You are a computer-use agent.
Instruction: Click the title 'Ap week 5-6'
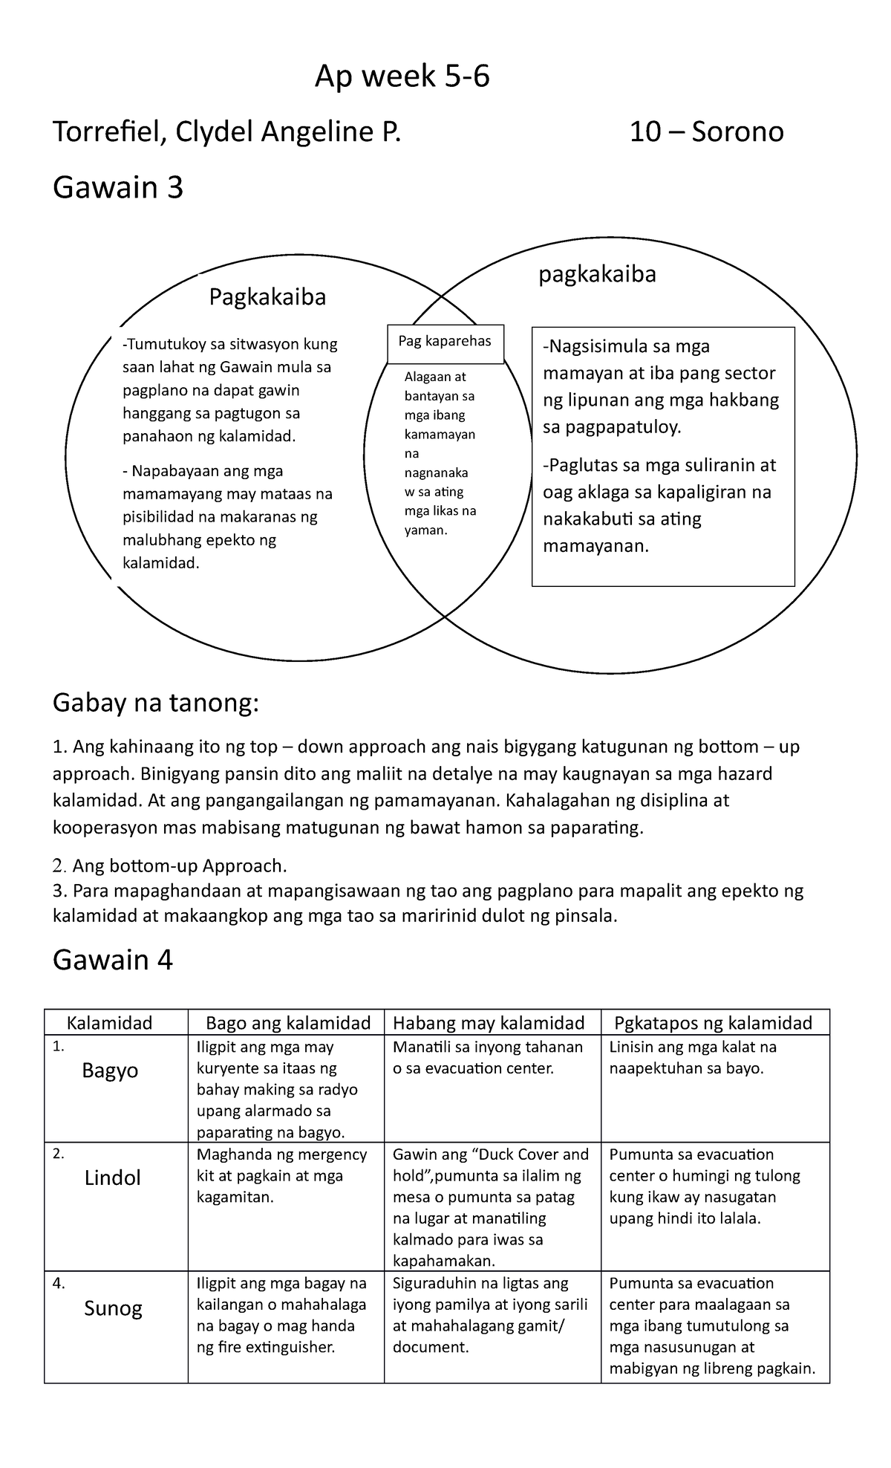(402, 77)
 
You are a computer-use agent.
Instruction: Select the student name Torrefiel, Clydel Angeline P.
(226, 132)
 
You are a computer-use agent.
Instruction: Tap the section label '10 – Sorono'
(706, 132)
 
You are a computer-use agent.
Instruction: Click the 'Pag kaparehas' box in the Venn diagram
(445, 342)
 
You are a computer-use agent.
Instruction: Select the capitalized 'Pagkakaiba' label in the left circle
(267, 297)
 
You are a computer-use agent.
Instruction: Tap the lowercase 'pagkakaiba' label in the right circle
(597, 274)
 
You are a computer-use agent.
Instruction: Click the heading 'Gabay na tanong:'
(156, 703)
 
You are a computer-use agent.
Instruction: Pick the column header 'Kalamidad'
(110, 1023)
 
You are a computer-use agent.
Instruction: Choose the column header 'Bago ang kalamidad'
(288, 1023)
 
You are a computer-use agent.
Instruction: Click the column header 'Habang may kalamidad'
(489, 1023)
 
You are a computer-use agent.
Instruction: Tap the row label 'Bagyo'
(110, 1071)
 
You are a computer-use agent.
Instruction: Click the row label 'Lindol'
(112, 1178)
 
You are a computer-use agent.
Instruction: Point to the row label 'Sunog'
(113, 1308)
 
